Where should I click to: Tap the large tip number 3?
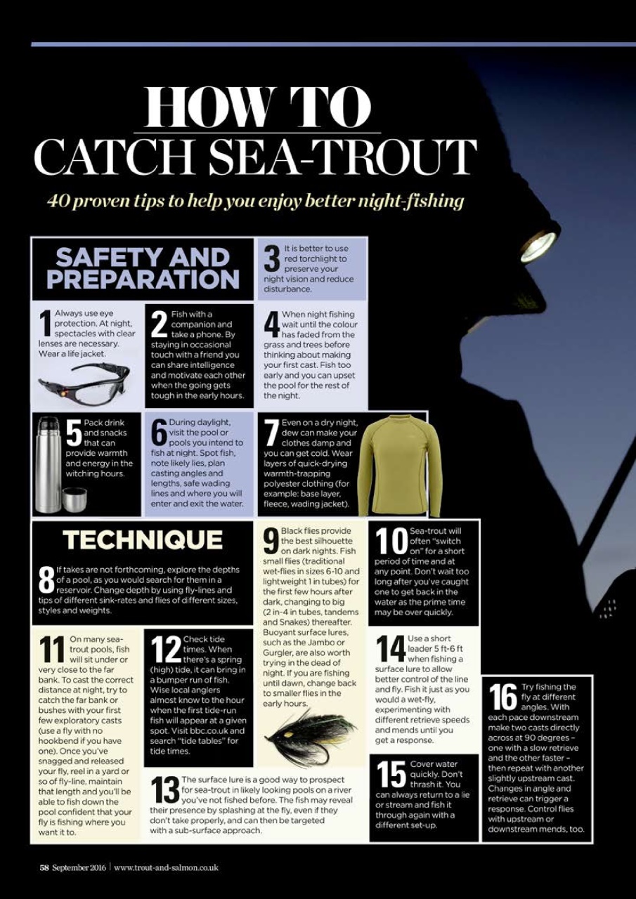click(271, 259)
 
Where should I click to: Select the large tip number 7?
click(271, 434)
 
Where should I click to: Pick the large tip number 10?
click(390, 542)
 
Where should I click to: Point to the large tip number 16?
click(502, 697)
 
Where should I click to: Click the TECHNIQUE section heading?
click(143, 540)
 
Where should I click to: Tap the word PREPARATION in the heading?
click(143, 280)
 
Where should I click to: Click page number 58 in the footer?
click(44, 867)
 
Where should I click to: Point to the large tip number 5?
click(74, 434)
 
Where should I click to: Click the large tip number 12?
click(166, 650)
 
